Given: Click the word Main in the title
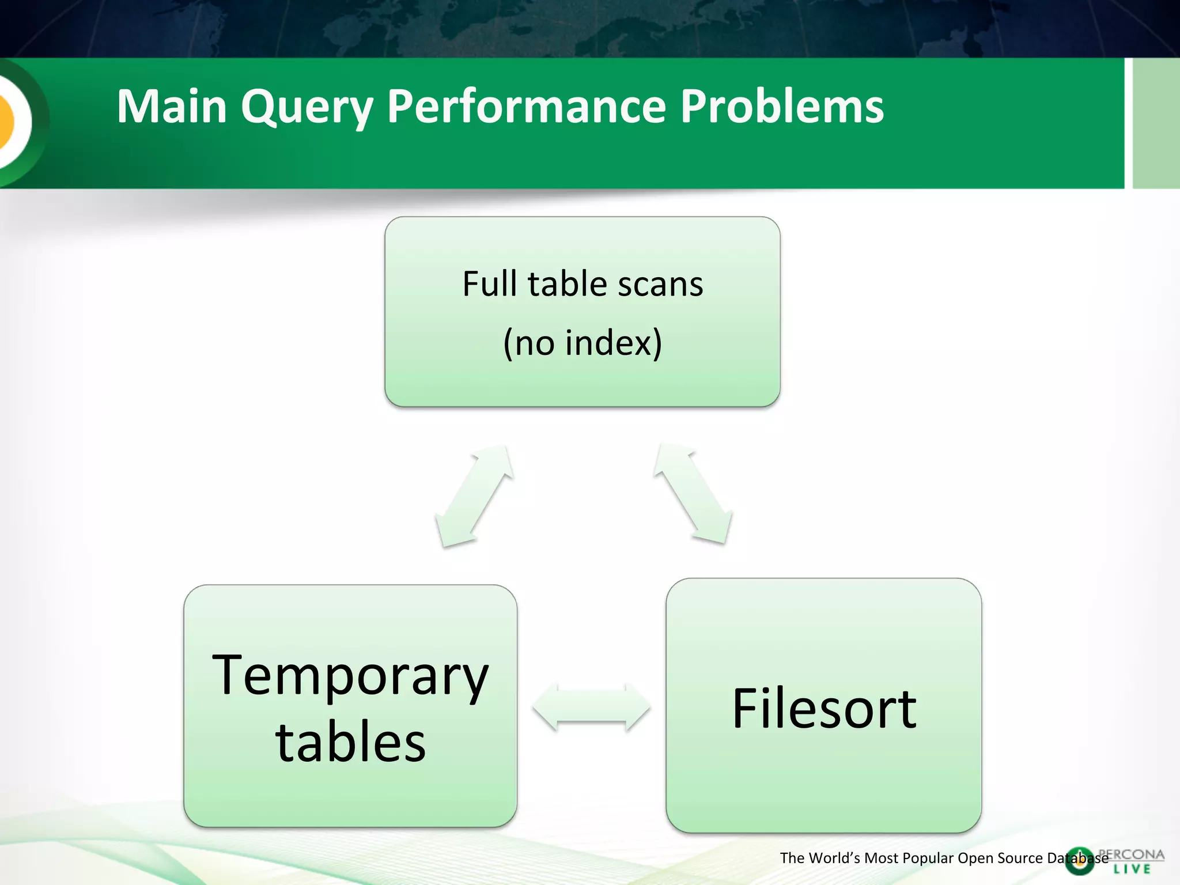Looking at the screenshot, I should (172, 107).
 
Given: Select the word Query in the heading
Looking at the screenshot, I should (307, 108).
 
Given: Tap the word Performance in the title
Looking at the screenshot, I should (526, 107).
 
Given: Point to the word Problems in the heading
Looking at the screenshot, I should (782, 107).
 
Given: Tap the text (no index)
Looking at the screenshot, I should (583, 343).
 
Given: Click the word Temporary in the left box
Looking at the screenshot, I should (350, 676).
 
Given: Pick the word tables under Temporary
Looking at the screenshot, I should (350, 743).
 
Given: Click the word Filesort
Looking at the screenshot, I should (824, 709).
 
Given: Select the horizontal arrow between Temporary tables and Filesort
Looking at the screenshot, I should (591, 707).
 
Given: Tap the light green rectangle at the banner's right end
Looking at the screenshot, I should (1156, 123).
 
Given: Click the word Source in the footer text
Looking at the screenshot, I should (1020, 858).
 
